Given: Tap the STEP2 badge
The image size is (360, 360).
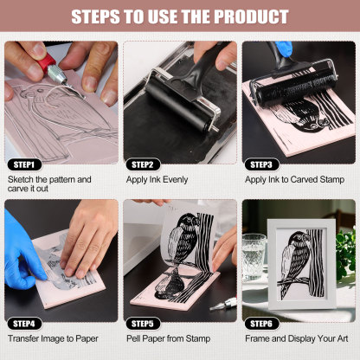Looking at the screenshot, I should tap(143, 164).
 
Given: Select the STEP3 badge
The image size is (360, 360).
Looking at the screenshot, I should tap(260, 164).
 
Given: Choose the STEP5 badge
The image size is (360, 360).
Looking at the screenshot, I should tap(143, 322).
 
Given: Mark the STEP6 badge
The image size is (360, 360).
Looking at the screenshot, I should tap(260, 322).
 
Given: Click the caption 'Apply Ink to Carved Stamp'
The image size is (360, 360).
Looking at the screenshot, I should tap(294, 179).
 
